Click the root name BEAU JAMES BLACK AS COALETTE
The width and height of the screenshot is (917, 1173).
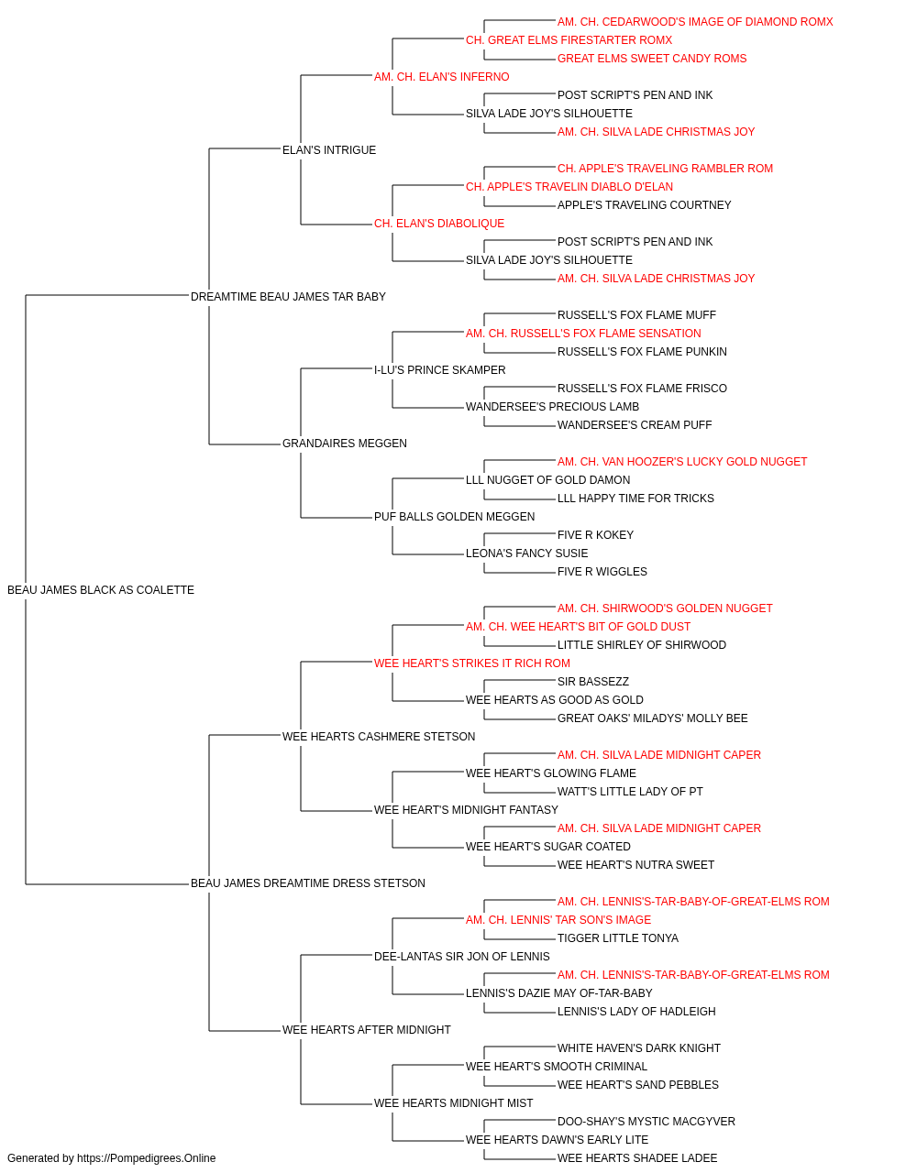pos(101,590)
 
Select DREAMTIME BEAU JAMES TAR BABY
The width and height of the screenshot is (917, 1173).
pos(288,297)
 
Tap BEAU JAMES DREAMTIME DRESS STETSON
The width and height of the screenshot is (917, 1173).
pos(308,883)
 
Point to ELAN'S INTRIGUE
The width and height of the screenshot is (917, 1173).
pos(329,150)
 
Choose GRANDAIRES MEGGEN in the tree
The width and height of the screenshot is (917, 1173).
pos(345,444)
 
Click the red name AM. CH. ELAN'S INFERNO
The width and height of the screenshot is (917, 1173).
pos(441,77)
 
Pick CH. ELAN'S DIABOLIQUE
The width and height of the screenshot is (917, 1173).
pos(439,224)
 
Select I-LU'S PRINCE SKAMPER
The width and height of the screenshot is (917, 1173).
pos(439,369)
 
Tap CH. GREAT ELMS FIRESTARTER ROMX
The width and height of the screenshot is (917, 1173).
pos(569,40)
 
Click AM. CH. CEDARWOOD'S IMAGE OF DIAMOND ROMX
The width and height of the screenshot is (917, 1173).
pos(695,22)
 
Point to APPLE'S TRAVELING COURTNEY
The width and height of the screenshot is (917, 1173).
pos(645,205)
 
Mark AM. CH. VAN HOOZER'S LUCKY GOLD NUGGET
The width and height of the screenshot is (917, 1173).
pos(682,462)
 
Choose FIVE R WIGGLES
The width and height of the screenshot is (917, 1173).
pos(602,572)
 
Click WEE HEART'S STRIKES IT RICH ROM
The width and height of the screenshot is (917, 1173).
pos(472,663)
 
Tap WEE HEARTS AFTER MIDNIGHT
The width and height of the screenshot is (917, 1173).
pos(366,1030)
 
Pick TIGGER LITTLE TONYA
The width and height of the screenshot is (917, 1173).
pos(618,938)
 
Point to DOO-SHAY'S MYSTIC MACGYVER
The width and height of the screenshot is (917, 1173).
pos(646,1122)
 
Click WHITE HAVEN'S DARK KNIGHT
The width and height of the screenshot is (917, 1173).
pos(639,1048)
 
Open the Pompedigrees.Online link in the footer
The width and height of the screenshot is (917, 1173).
pos(147,1158)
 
